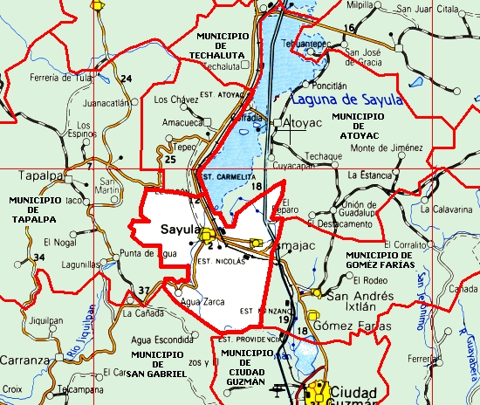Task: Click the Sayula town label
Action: point(182,229)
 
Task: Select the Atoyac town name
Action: point(303,126)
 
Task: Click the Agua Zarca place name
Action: point(203,301)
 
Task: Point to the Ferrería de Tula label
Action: point(61,77)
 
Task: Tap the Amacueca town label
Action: point(182,123)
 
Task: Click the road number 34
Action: point(38,257)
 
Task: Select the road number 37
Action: point(144,291)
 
